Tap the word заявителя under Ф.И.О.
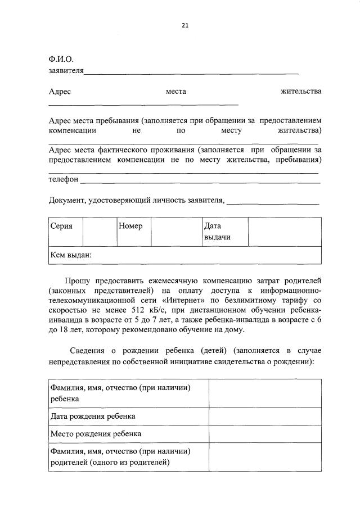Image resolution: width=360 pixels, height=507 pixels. click(x=66, y=71)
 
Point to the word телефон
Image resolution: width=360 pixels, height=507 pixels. click(x=64, y=180)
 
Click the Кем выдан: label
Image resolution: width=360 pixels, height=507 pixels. click(x=71, y=255)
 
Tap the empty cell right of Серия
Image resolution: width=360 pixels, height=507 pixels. click(x=100, y=232)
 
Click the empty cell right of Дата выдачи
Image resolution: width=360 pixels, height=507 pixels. click(x=285, y=232)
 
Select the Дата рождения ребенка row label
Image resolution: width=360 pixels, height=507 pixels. click(x=92, y=417)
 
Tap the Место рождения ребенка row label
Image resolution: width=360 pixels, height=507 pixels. click(x=95, y=434)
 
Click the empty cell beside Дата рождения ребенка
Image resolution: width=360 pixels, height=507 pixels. click(x=265, y=417)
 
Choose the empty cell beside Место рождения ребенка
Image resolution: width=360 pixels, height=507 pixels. click(x=265, y=434)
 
